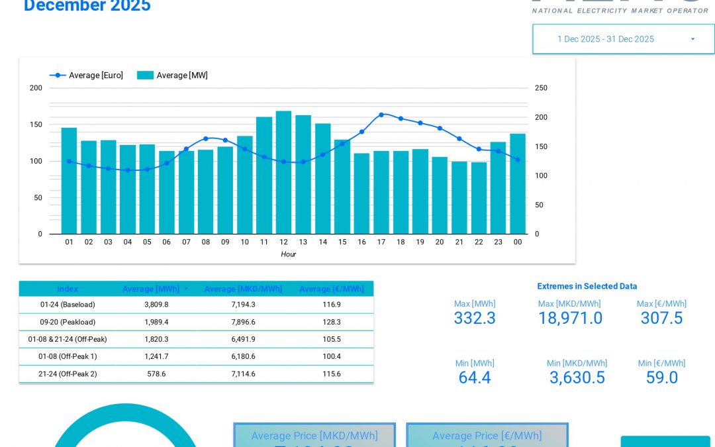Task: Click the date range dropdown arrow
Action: (x=692, y=39)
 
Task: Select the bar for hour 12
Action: (x=283, y=172)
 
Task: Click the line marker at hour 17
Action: (x=381, y=115)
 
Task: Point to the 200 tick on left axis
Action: (x=36, y=88)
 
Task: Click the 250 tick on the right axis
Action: (x=541, y=88)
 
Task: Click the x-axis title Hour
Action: (x=288, y=254)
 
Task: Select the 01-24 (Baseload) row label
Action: (x=68, y=305)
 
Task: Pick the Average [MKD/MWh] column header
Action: (x=243, y=289)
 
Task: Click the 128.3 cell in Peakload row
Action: (x=331, y=322)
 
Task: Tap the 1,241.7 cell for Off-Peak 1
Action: (x=156, y=356)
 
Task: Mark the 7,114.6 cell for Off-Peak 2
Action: (x=243, y=373)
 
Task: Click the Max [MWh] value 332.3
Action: (x=474, y=319)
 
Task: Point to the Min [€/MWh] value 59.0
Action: (x=661, y=377)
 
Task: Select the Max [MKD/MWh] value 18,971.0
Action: (x=570, y=319)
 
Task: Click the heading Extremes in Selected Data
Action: (x=587, y=286)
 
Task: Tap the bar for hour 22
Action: (x=479, y=198)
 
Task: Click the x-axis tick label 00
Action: (x=518, y=242)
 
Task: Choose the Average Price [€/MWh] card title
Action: (x=487, y=436)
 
